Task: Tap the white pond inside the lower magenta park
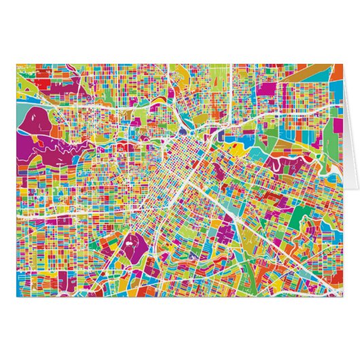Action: [128, 239]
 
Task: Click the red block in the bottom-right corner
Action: [333, 289]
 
